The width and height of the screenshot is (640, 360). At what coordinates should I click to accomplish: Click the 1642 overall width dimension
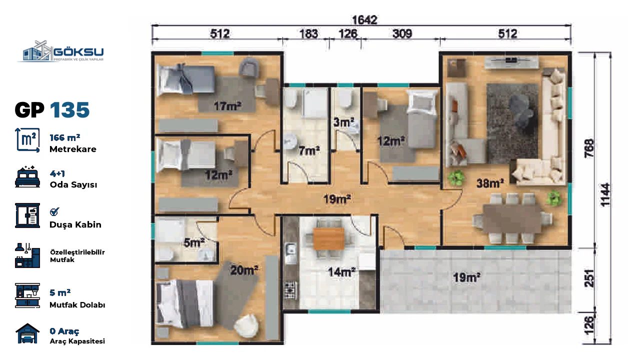tap(364, 20)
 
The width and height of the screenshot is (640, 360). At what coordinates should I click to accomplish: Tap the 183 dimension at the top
tap(308, 34)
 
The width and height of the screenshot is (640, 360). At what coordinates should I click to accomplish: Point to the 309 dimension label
tap(402, 33)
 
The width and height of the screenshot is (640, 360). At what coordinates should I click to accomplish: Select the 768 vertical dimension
tap(589, 148)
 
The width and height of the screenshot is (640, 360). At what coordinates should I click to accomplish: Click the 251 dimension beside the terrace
tap(589, 278)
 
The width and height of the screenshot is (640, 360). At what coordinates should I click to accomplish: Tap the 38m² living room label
tap(490, 183)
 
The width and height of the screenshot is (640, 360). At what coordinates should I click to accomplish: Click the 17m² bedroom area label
tap(227, 106)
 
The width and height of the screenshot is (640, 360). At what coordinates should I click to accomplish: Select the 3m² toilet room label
tap(343, 122)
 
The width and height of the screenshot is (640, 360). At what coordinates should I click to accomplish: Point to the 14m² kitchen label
tap(341, 272)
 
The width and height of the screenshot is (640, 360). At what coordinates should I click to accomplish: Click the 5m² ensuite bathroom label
tap(194, 242)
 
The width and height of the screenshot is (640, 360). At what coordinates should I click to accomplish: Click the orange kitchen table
tap(328, 238)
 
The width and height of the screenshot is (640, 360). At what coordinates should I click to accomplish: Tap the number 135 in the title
tap(69, 110)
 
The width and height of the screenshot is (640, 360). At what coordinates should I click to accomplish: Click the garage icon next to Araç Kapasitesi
tap(27, 333)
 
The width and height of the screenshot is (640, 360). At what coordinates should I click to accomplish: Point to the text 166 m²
tap(65, 137)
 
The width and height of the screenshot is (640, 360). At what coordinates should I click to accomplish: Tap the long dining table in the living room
tap(512, 218)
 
